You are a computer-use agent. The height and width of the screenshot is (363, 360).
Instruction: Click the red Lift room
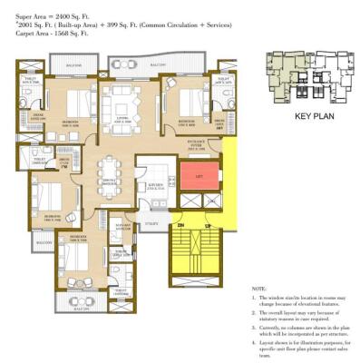[199, 175]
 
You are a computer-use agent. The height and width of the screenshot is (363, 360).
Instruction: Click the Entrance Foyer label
[199, 142]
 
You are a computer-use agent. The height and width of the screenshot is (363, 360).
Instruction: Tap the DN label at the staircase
[180, 224]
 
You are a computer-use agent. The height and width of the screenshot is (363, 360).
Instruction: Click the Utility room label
[150, 222]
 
